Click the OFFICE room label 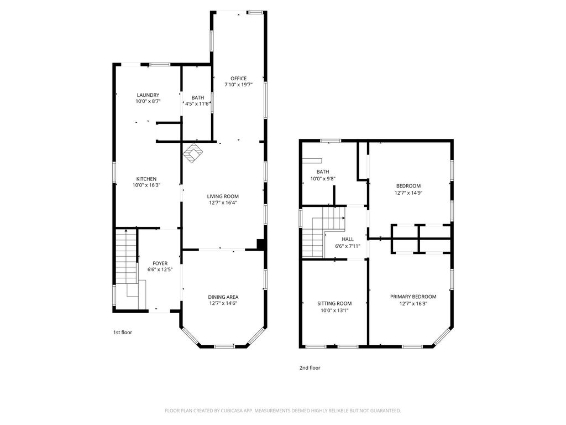click(x=239, y=79)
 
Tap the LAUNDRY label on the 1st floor click(x=148, y=95)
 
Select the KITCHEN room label click(x=146, y=179)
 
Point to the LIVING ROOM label click(x=223, y=196)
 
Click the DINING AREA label click(x=223, y=297)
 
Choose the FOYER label click(x=160, y=263)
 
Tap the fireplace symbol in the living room click(x=193, y=153)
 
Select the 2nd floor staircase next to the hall click(x=322, y=232)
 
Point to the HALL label click(x=348, y=239)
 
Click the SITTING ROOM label click(x=334, y=304)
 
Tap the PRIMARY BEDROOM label click(x=413, y=297)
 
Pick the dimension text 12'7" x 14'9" click(x=408, y=193)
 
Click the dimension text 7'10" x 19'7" click(x=239, y=85)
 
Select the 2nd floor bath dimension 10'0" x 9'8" click(x=323, y=179)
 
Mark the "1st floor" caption click(x=123, y=333)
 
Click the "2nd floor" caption click(x=310, y=368)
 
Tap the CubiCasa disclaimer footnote click(x=283, y=411)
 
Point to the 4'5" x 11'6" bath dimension click(x=197, y=104)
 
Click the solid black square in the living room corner click(x=261, y=244)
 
